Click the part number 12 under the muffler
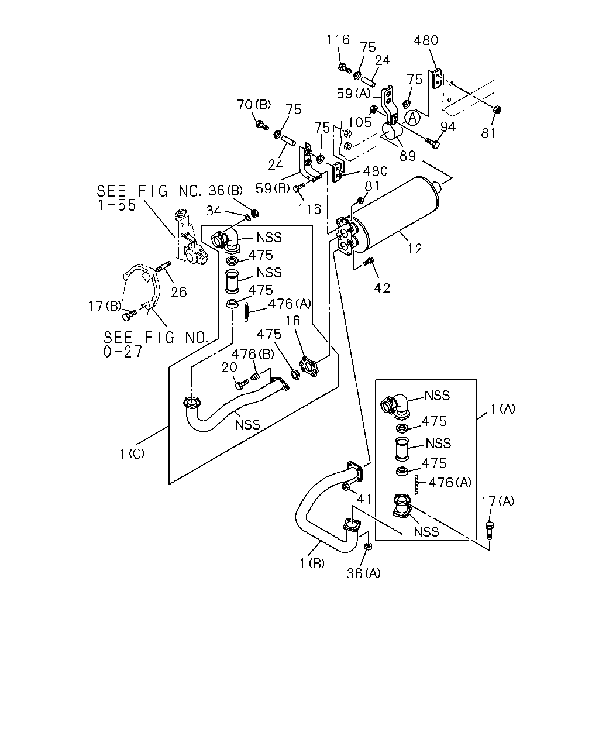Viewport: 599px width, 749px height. (x=415, y=249)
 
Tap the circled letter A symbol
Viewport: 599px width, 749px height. (x=413, y=118)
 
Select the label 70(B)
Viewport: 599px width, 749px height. (x=254, y=104)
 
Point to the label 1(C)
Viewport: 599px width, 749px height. (x=132, y=453)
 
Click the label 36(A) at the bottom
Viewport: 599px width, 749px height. (x=363, y=573)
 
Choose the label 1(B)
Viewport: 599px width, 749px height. (x=312, y=563)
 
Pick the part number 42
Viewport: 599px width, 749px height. (x=382, y=288)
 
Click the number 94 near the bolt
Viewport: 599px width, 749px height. (x=447, y=127)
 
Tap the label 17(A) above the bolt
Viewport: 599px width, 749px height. (x=497, y=501)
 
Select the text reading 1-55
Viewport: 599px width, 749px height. (x=116, y=205)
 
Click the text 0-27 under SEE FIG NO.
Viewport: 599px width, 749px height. (x=123, y=352)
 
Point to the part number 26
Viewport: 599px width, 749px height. (x=179, y=291)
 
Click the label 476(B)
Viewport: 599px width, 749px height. (x=253, y=355)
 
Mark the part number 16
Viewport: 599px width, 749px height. (x=292, y=321)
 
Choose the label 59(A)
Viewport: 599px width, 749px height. (x=354, y=93)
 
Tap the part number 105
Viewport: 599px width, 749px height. (x=360, y=122)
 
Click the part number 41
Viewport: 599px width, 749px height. (x=364, y=500)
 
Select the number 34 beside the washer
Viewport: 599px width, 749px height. (x=214, y=211)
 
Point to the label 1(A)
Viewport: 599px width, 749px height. (x=503, y=408)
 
